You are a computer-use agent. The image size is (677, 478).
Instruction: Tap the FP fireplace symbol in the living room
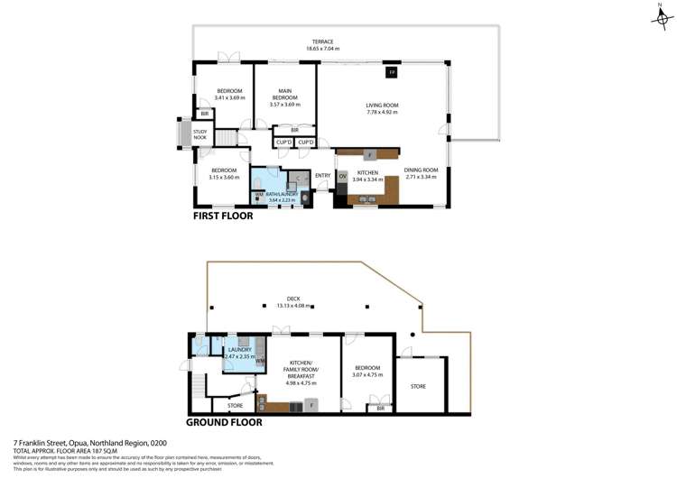[x=391, y=72]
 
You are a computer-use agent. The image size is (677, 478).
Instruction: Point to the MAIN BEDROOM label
[x=284, y=94]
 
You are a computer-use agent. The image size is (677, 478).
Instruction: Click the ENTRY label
[x=322, y=175]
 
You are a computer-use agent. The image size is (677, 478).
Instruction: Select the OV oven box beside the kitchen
[x=342, y=175]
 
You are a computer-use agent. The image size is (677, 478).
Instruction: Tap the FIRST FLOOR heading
[x=223, y=216]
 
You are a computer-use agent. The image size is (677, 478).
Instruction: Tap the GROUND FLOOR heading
[x=224, y=421]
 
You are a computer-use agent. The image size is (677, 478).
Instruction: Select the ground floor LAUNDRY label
[x=238, y=350]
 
